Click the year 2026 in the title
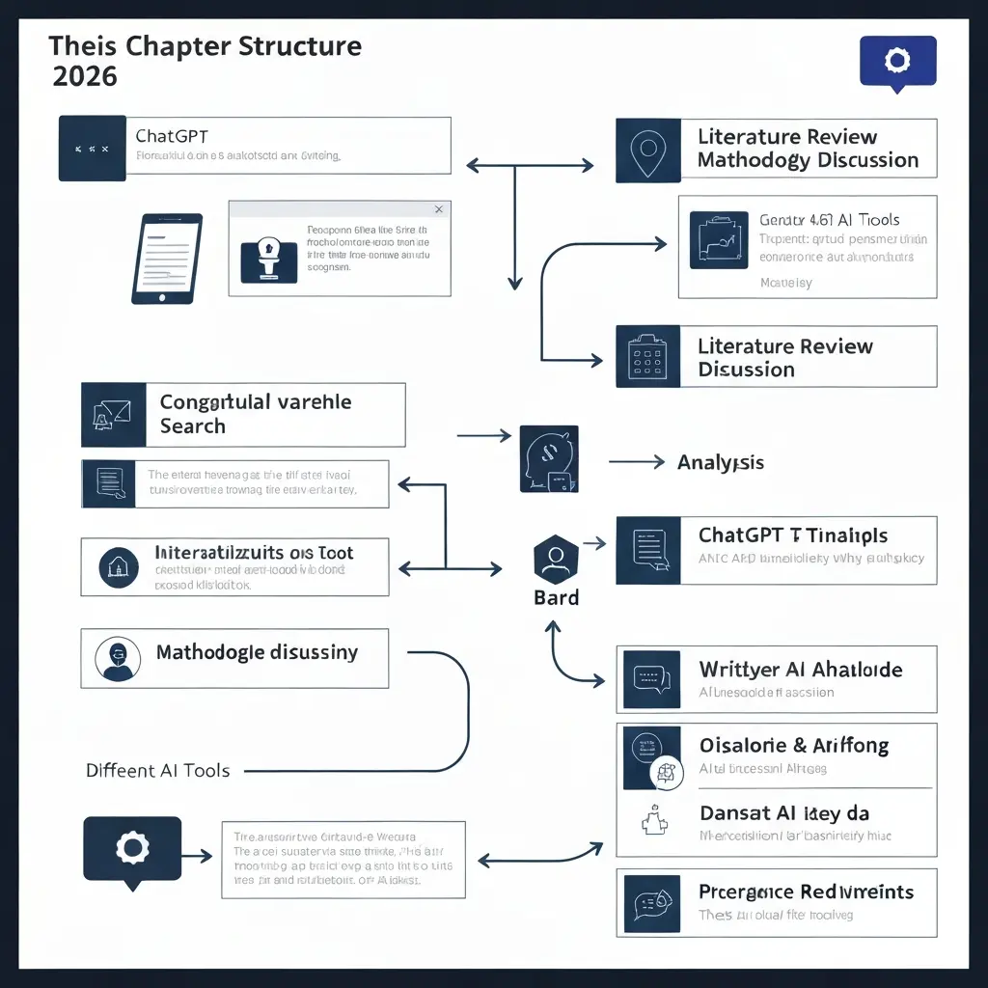click(x=85, y=76)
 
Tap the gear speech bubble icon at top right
click(x=897, y=62)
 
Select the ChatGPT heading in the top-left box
click(x=172, y=136)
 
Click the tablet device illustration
click(x=166, y=259)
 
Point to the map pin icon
click(x=648, y=149)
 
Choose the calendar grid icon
click(x=648, y=357)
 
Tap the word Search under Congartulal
click(x=192, y=426)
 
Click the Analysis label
click(x=720, y=463)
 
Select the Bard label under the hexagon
click(x=556, y=597)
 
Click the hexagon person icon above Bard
click(x=556, y=559)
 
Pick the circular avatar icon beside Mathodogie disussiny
click(x=118, y=659)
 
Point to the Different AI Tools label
click(x=157, y=770)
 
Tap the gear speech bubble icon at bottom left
click(x=132, y=848)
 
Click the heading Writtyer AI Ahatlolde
click(x=800, y=670)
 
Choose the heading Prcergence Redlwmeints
click(x=805, y=892)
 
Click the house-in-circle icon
click(x=119, y=566)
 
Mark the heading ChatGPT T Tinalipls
click(x=792, y=535)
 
